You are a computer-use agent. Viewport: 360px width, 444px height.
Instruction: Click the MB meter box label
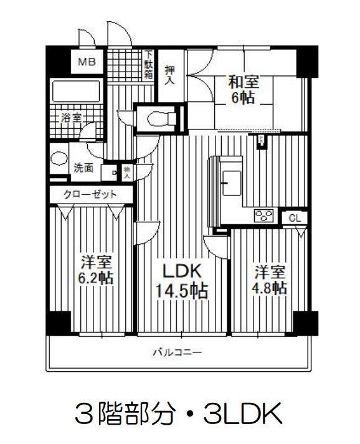[87, 62]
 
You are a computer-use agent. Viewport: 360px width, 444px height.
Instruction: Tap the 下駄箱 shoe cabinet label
[149, 65]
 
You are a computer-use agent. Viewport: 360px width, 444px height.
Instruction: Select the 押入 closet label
[169, 75]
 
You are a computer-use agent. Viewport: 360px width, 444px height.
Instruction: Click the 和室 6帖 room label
[243, 90]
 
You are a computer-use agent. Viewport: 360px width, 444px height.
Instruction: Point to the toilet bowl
[161, 118]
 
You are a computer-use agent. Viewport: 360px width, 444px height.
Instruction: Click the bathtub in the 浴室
[76, 91]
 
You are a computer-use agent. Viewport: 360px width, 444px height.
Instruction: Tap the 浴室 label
[72, 118]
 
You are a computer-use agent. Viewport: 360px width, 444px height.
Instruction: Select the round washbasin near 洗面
[59, 158]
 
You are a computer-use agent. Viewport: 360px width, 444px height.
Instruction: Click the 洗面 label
[83, 168]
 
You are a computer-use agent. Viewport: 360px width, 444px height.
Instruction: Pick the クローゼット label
[90, 194]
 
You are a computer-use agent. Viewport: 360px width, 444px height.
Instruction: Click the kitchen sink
[232, 183]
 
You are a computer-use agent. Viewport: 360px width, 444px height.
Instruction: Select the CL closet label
[295, 219]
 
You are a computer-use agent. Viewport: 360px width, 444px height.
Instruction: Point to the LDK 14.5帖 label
[182, 281]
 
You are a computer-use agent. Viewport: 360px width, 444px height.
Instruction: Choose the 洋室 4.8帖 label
[269, 280]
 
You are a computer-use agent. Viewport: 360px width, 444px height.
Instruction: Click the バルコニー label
[178, 352]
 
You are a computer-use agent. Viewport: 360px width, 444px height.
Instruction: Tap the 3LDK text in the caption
[243, 413]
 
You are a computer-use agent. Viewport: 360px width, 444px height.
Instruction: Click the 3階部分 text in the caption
[125, 413]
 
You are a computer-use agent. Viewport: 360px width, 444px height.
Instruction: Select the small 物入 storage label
[127, 172]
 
